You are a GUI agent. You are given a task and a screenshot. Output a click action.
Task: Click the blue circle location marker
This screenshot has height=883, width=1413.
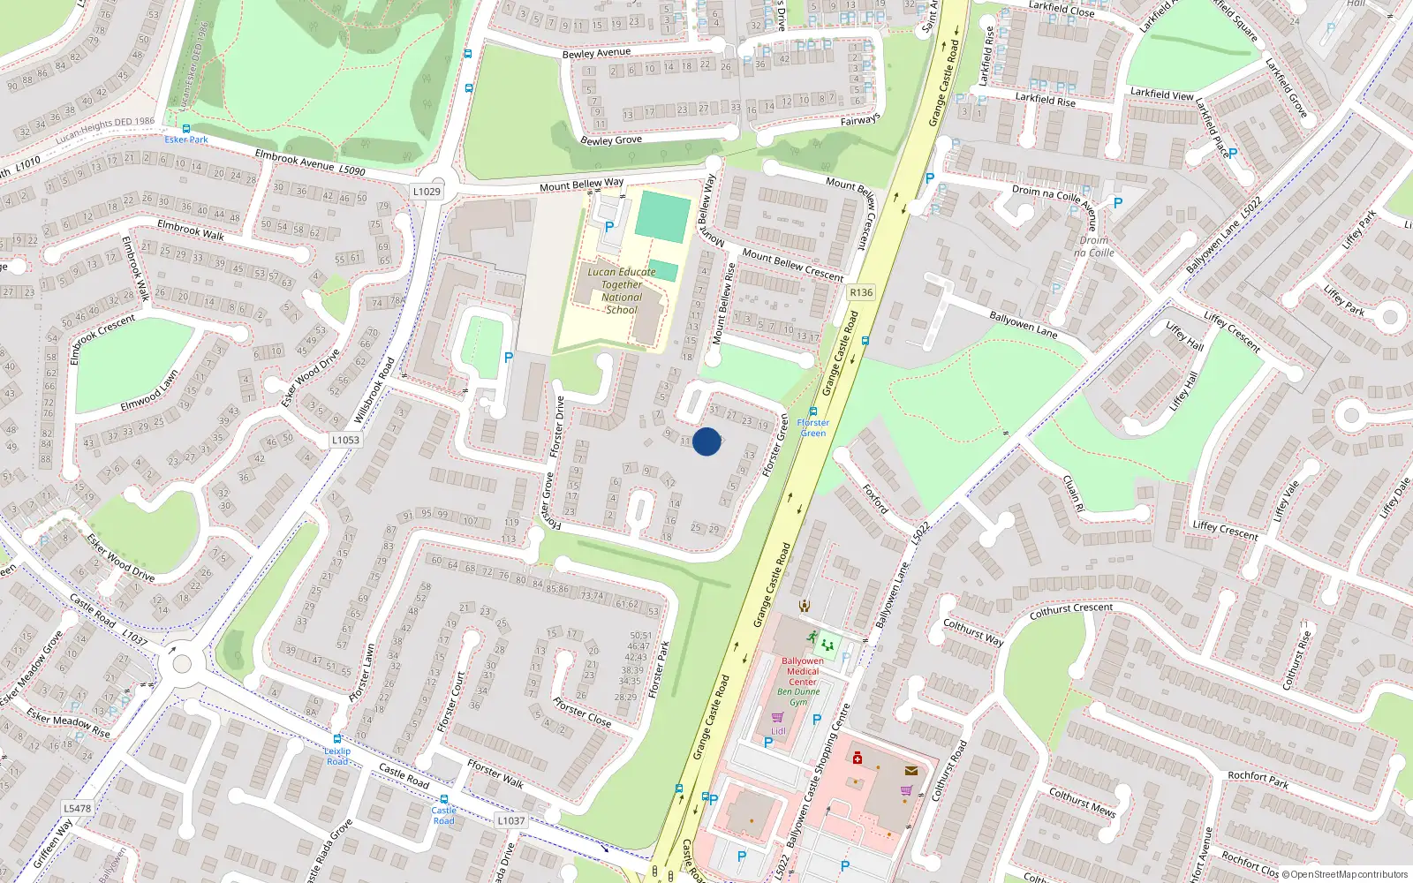706,441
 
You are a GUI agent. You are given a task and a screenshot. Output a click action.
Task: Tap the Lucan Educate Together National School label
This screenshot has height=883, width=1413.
622,291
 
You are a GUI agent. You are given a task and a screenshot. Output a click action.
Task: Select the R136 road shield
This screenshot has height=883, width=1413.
860,292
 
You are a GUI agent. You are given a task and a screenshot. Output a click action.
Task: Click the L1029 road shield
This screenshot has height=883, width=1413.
427,191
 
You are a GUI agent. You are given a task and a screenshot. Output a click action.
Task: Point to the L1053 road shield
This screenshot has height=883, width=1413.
345,440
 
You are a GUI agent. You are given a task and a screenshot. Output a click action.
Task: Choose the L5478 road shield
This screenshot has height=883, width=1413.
77,808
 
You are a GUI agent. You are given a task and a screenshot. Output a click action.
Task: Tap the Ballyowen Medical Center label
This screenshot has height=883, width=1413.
802,671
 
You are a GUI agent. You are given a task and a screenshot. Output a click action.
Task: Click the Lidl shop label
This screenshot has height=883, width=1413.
778,731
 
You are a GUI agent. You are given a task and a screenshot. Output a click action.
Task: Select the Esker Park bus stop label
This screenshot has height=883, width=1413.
186,140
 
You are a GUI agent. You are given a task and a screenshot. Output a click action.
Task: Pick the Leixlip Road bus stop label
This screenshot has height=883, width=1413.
337,756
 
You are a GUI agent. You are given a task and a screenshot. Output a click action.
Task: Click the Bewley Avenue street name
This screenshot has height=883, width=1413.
596,54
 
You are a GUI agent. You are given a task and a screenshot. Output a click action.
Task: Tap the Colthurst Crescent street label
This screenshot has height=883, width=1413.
1071,610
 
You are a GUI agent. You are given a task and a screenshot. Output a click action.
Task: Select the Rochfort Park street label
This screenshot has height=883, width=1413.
1258,778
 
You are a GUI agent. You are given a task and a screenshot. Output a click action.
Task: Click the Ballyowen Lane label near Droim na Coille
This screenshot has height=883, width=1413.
1023,324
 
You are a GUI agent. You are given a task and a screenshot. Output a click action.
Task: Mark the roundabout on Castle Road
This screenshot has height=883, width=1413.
181,662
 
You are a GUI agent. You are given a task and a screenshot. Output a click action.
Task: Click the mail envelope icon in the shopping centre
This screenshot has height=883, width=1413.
911,771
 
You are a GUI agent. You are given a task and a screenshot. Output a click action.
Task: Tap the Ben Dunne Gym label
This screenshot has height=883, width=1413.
798,697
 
